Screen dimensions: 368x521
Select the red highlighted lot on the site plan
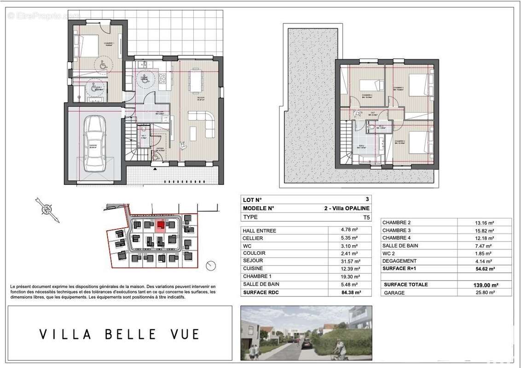pos(161,225)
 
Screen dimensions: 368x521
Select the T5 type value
pos(365,217)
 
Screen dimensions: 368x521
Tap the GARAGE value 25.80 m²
pos(486,293)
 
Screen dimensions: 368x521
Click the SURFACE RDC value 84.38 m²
pos(350,292)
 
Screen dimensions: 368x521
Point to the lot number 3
pos(367,200)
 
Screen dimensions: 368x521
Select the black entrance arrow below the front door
pos(155,169)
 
